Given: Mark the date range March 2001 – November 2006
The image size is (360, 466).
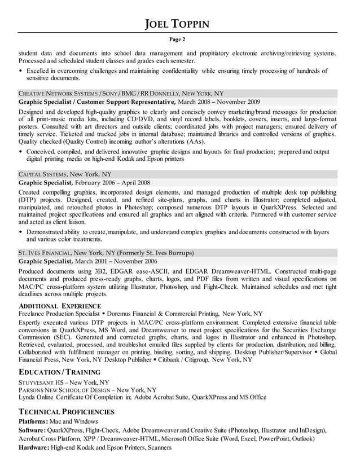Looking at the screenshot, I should (x=117, y=261).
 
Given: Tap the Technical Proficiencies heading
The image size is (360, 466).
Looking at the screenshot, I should (x=67, y=412).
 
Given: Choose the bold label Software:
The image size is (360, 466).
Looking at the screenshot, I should (x=33, y=430).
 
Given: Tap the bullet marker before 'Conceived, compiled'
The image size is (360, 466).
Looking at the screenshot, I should (x=21, y=152).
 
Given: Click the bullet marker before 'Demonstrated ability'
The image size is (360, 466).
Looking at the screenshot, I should (x=21, y=232).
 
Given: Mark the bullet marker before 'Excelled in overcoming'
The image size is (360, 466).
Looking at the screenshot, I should (x=21, y=71).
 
